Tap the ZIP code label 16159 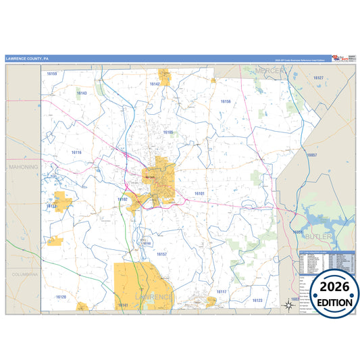pyautogui.click(x=52, y=74)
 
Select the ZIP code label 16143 pyautogui.click(x=82, y=93)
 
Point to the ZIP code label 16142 pyautogui.click(x=155, y=84)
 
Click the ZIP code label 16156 pyautogui.click(x=226, y=101)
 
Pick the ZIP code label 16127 pyautogui.click(x=319, y=78)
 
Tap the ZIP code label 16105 pyautogui.click(x=168, y=132)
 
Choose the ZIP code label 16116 pyautogui.click(x=76, y=153)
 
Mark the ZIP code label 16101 pyautogui.click(x=199, y=194)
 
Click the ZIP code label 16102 pyautogui.click(x=122, y=199)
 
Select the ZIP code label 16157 pyautogui.click(x=161, y=254)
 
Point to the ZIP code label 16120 pyautogui.click(x=61, y=297)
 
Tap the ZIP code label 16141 pyautogui.click(x=123, y=305)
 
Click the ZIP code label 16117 pyautogui.click(x=222, y=292)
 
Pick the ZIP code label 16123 pyautogui.click(x=257, y=300)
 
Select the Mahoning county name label pyautogui.click(x=24, y=166)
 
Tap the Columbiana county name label pyautogui.click(x=24, y=275)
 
